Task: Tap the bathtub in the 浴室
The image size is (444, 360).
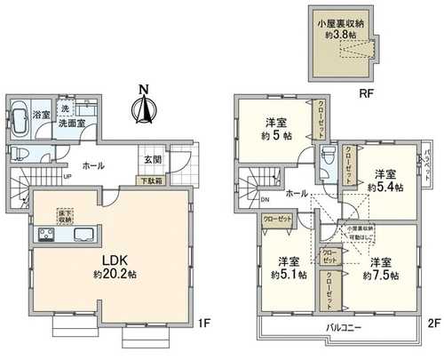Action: tap(21, 121)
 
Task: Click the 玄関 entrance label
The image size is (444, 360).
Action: tap(151, 160)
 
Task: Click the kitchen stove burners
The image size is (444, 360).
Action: tap(46, 236)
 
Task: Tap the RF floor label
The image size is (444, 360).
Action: tap(338, 90)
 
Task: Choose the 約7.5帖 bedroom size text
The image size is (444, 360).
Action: tap(380, 276)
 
